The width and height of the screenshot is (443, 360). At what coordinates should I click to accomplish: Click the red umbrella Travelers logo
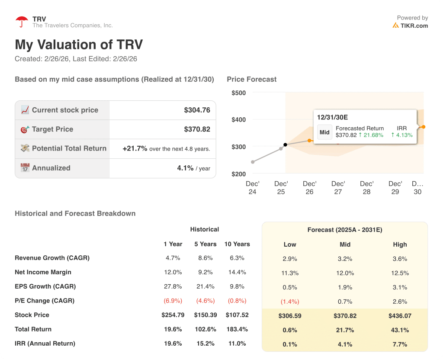pyautogui.click(x=21, y=22)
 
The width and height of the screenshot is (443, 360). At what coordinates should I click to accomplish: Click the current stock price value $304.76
pyautogui.click(x=197, y=110)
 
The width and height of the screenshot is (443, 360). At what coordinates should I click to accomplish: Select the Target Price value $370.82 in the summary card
pyautogui.click(x=197, y=129)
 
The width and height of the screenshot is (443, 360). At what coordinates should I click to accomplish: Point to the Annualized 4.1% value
pyautogui.click(x=185, y=168)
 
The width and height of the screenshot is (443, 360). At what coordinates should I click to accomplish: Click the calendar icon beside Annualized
pyautogui.click(x=25, y=168)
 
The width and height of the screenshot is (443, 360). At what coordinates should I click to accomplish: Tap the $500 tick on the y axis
pyautogui.click(x=238, y=93)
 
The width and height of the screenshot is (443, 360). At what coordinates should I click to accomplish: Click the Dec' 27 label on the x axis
pyautogui.click(x=338, y=187)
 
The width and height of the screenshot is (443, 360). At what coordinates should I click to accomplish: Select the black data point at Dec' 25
pyautogui.click(x=285, y=145)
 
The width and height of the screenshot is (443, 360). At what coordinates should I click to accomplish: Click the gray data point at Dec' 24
pyautogui.click(x=253, y=162)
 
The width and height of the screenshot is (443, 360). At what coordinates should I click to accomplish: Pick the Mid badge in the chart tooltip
pyautogui.click(x=324, y=132)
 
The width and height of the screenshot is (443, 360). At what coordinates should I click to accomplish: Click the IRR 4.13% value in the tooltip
pyautogui.click(x=402, y=135)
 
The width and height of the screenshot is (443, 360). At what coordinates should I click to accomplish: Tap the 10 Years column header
pyautogui.click(x=237, y=244)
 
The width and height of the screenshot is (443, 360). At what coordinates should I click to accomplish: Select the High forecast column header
pyautogui.click(x=400, y=244)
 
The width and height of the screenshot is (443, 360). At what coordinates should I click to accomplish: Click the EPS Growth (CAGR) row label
pyautogui.click(x=45, y=286)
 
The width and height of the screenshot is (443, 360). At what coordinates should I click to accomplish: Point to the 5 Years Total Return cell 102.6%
pyautogui.click(x=205, y=329)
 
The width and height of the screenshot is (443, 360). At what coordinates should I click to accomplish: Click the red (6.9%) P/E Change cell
pyautogui.click(x=173, y=301)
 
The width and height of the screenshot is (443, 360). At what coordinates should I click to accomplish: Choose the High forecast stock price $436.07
pyautogui.click(x=400, y=316)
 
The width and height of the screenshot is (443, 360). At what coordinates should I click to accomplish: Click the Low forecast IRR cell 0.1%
pyautogui.click(x=289, y=344)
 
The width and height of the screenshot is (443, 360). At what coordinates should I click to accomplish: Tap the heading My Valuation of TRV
pyautogui.click(x=79, y=45)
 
